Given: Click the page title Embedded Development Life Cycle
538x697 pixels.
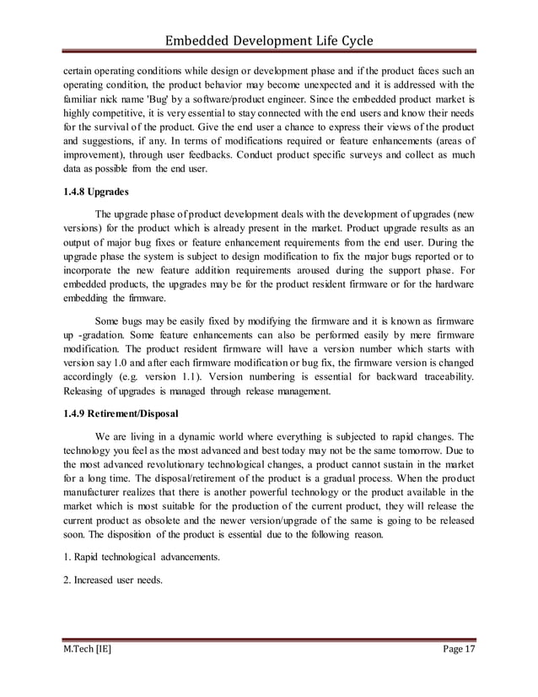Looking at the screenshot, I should pos(268,41).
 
